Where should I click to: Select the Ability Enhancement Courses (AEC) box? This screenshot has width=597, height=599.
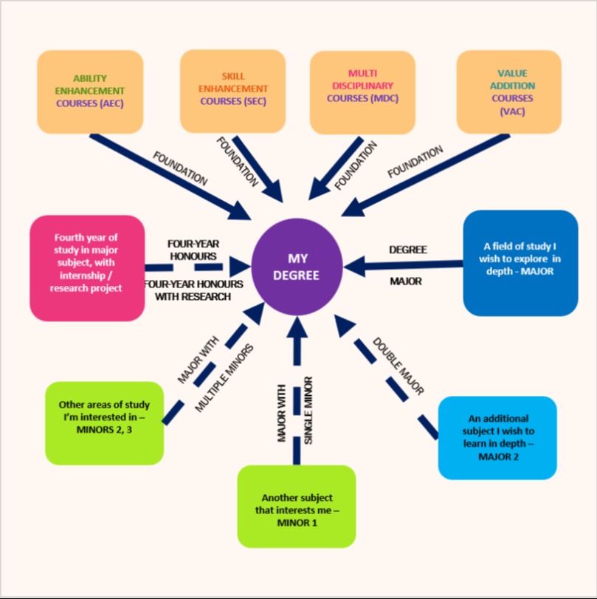[x=89, y=91]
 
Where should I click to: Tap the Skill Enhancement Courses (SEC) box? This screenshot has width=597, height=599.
[x=232, y=89]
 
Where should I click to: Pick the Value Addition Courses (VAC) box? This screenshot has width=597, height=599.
[x=508, y=91]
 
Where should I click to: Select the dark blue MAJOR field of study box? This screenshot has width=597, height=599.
[x=520, y=262]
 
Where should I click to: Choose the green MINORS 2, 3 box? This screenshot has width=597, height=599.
[x=104, y=422]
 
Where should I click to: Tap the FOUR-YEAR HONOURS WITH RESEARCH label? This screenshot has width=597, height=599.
[x=187, y=290]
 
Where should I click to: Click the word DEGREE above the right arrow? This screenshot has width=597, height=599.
[x=408, y=250]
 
